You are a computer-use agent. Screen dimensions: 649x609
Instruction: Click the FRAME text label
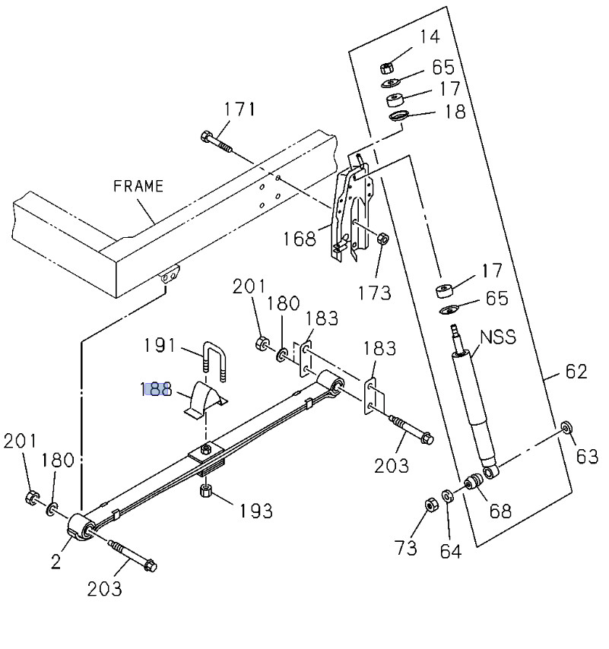[138, 186]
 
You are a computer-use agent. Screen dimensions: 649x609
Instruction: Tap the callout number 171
[239, 109]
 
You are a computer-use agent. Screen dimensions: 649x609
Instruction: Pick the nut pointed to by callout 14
[386, 66]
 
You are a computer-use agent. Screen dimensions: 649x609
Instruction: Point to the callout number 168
[300, 239]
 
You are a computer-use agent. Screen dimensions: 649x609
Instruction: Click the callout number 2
[56, 562]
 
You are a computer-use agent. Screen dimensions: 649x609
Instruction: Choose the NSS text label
[498, 337]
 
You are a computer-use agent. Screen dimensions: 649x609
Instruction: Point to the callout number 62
[576, 372]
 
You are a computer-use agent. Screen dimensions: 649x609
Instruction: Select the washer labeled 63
[566, 427]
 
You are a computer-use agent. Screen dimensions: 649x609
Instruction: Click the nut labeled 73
[428, 505]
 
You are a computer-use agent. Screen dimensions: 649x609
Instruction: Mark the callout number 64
[451, 550]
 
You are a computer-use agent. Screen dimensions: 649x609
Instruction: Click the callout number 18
[455, 112]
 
